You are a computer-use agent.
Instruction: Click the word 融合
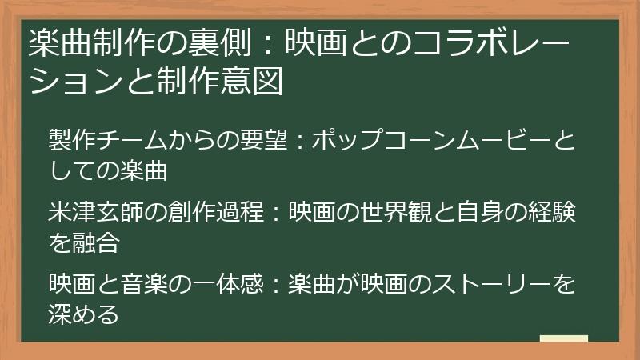click(97, 242)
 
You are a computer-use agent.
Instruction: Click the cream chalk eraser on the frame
click(563, 339)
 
